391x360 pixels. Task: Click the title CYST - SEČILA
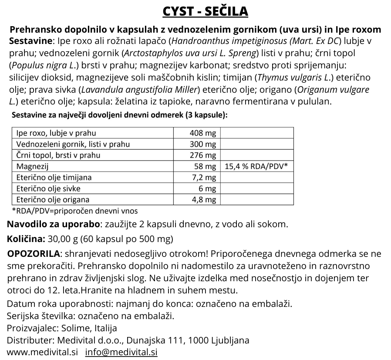(x=205, y=11)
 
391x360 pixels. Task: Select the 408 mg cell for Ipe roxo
(x=203, y=133)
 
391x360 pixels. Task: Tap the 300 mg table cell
(x=203, y=144)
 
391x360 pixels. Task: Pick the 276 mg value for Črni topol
(x=203, y=155)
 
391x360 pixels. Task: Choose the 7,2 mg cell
(x=204, y=178)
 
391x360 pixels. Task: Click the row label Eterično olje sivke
(x=48, y=189)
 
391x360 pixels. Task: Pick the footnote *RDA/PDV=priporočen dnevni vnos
(x=74, y=211)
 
